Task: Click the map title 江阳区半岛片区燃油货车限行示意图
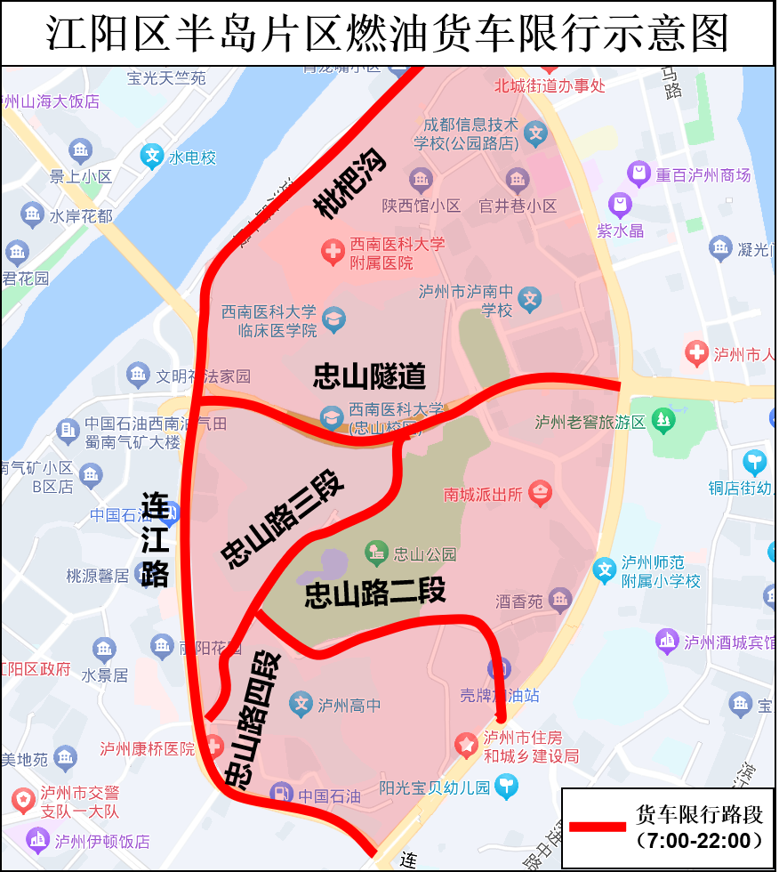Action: tap(389, 34)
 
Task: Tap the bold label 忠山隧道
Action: tap(369, 376)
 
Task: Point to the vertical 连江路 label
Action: tap(156, 540)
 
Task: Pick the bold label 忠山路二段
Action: tap(374, 593)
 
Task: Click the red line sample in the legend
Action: tap(597, 827)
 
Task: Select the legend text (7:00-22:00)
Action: tap(699, 840)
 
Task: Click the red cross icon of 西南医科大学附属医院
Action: tap(333, 253)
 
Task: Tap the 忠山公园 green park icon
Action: tap(376, 553)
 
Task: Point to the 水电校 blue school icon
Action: tap(152, 157)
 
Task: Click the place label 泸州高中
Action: tap(349, 706)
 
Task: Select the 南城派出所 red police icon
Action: tap(540, 492)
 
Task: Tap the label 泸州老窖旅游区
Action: tap(590, 422)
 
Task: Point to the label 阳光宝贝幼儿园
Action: tap(434, 787)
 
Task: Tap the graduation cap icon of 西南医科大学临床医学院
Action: tap(334, 319)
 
